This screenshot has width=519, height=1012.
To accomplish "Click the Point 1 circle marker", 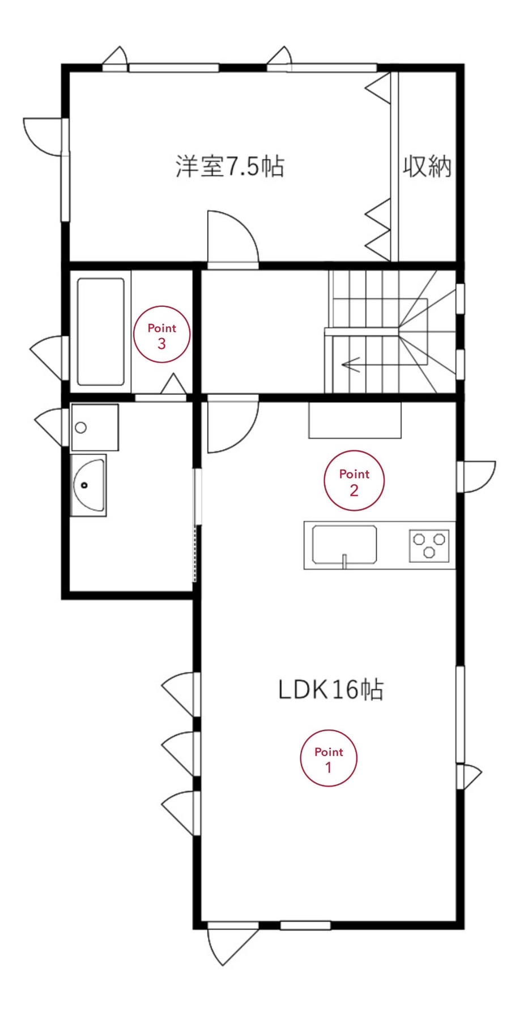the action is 328,758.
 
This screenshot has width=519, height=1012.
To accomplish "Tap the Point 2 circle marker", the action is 354,480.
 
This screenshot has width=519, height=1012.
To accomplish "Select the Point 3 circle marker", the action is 161,334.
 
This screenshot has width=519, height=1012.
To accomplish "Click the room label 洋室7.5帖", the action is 229,166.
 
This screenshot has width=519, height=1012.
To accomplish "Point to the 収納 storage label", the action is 427,166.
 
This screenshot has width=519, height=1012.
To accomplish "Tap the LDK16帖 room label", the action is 331,689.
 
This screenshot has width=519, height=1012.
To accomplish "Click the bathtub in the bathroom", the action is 101,332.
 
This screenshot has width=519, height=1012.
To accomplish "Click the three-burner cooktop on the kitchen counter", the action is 429,545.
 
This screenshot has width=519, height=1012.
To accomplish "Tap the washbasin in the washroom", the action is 89,485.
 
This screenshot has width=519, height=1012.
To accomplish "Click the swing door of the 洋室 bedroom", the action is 232,238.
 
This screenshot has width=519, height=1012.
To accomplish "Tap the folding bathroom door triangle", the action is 174,385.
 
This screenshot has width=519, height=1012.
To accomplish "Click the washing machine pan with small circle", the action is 95,428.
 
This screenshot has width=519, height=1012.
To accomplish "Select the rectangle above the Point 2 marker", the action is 355,420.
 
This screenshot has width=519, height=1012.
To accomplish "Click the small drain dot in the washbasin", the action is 85,485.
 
